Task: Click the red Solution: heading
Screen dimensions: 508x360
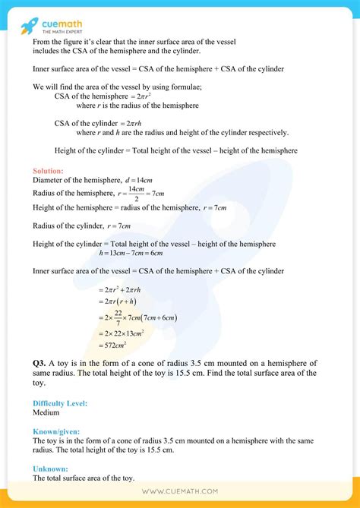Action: [x=48, y=171]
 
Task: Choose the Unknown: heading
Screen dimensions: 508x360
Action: [x=50, y=469]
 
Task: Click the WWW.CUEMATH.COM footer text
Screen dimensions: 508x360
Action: [x=179, y=491]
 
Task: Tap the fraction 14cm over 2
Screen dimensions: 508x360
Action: [x=137, y=194]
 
